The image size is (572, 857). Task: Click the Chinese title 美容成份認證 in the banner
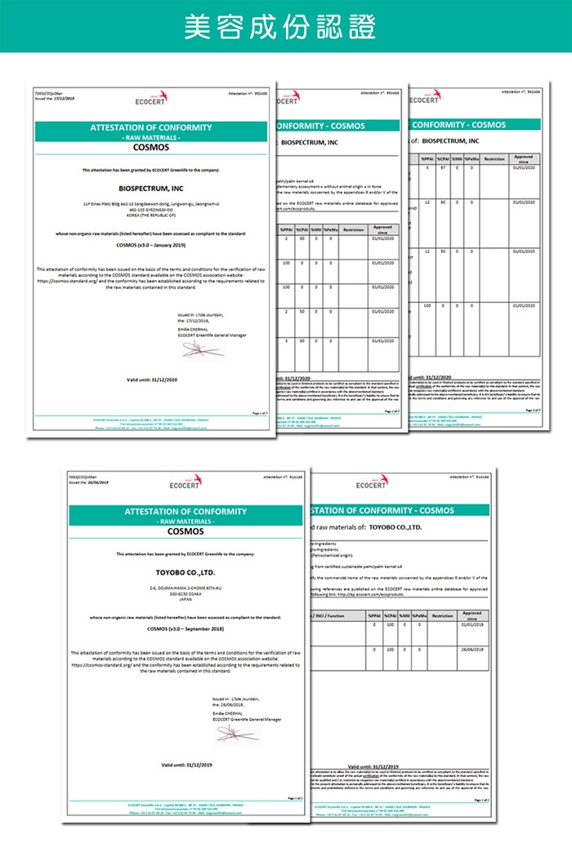pos(285,27)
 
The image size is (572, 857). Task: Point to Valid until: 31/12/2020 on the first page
pos(152,380)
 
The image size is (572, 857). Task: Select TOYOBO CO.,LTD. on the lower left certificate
pos(185,573)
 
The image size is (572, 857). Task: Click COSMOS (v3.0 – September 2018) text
pos(185,628)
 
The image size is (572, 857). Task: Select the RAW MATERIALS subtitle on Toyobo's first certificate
pos(185,521)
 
